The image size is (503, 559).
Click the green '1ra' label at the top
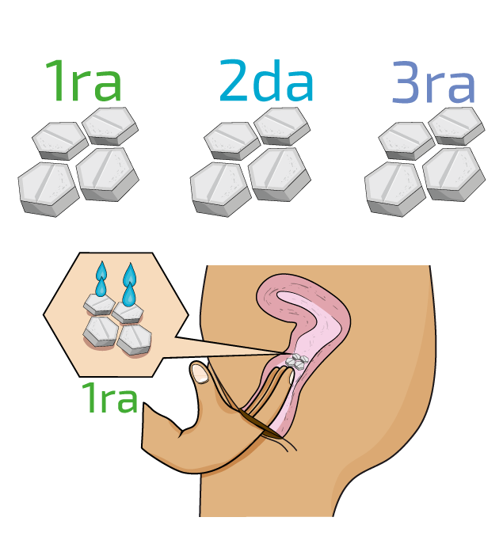tap(83, 82)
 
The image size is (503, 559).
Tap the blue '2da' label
tap(267, 82)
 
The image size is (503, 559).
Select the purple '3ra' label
tap(434, 83)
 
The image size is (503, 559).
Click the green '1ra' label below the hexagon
tap(109, 397)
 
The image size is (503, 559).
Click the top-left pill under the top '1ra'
tap(59, 140)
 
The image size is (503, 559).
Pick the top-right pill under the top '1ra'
tap(110, 124)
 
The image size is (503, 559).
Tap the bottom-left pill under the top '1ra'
tap(48, 186)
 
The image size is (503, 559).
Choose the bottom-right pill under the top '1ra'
tap(108, 172)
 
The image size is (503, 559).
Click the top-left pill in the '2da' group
tap(231, 140)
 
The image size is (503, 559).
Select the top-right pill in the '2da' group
tap(281, 124)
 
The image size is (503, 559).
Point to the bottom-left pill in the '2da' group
tap(220, 186)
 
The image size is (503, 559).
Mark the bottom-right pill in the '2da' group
tap(279, 172)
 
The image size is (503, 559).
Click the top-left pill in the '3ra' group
tap(406, 140)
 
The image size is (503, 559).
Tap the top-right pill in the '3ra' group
tap(455, 124)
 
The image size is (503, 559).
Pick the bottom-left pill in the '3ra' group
tap(394, 186)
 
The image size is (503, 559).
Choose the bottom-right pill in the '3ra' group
tap(453, 172)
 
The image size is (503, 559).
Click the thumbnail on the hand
tap(201, 372)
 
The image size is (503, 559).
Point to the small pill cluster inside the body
tap(296, 362)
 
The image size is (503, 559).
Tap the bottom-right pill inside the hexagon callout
tap(134, 338)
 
